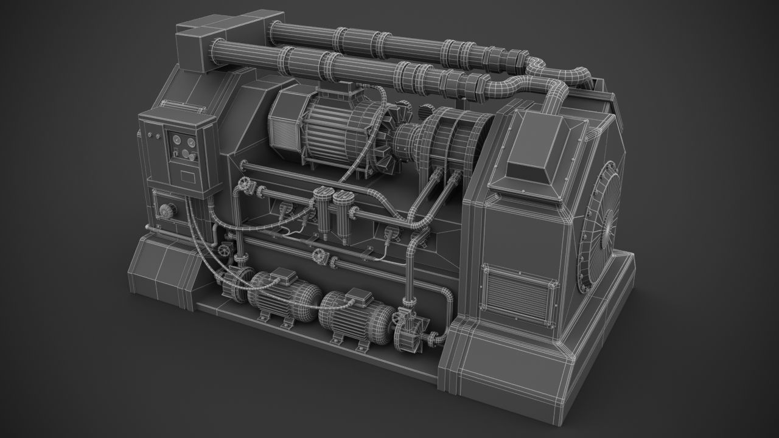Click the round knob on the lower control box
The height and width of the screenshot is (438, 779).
[166, 211]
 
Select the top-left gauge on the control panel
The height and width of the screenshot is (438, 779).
[176, 141]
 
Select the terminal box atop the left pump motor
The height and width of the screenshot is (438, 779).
[279, 275]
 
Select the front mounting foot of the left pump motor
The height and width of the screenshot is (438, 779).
[266, 318]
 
